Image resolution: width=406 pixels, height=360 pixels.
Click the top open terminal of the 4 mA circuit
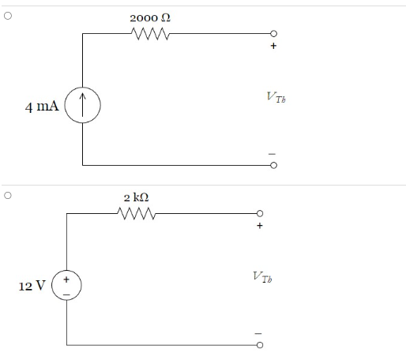tap(274, 34)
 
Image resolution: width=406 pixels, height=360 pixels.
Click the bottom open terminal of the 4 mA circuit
tap(274, 166)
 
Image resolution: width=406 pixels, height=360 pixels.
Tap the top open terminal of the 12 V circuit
tap(258, 213)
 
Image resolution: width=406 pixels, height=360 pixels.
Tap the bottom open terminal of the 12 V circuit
tap(258, 345)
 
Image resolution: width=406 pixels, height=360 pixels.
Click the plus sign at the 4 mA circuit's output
tap(274, 46)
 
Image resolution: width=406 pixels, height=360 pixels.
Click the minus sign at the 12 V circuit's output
tap(258, 332)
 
